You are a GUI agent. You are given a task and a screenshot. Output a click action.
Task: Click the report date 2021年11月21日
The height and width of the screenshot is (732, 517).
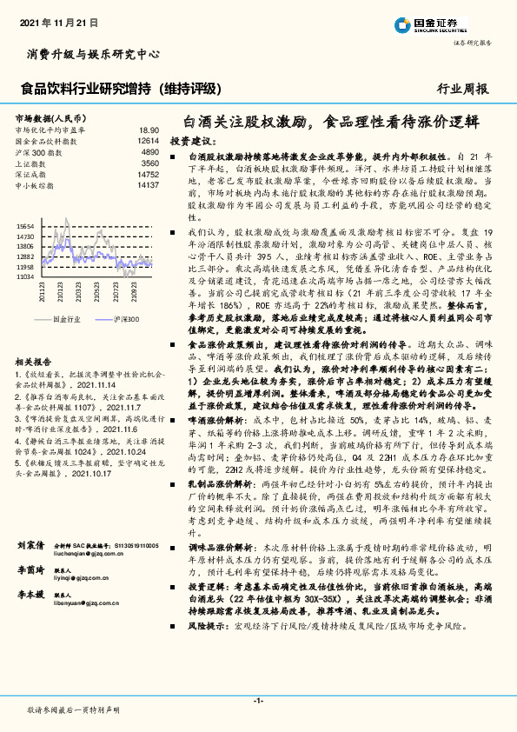click(x=58, y=18)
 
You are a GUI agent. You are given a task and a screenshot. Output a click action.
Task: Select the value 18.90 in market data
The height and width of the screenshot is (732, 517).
click(x=149, y=129)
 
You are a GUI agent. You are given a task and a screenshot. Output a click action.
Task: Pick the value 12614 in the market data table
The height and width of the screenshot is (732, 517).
click(x=149, y=140)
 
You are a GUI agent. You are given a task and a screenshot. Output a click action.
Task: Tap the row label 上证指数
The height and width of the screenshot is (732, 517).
click(x=30, y=163)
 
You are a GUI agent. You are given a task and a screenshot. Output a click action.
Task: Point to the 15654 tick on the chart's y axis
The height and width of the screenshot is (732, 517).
click(x=24, y=224)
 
